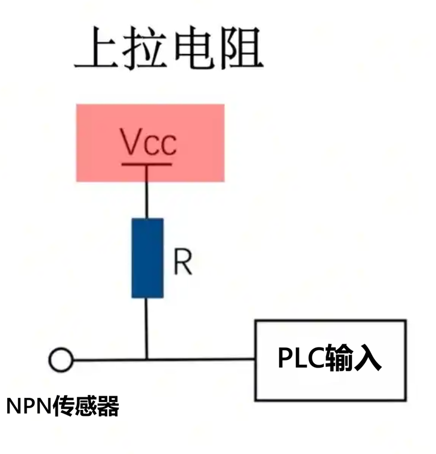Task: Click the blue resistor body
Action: [147, 257]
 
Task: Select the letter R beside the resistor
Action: [183, 262]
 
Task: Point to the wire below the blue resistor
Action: [147, 328]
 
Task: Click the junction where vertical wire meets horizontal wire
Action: [147, 359]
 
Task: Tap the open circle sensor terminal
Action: [61, 360]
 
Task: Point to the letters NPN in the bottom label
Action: [29, 407]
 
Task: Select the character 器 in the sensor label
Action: [108, 407]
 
